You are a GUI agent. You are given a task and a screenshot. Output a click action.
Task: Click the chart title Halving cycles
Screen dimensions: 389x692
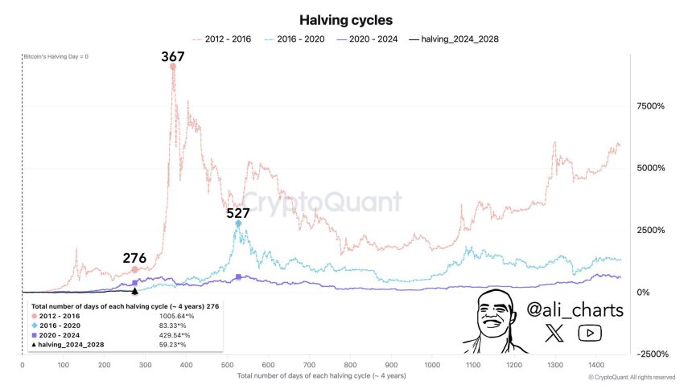coord(346,19)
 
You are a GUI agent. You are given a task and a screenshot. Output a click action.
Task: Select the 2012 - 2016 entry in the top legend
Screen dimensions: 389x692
coord(220,39)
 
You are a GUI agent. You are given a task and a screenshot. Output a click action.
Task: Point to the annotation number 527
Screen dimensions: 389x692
coord(237,213)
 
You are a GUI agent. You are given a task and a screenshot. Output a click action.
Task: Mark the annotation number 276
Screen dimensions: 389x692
coord(134,258)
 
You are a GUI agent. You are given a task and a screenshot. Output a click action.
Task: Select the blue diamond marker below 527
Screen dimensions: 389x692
coord(238,223)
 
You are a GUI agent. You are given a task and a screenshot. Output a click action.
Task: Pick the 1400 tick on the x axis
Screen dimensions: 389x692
coord(596,364)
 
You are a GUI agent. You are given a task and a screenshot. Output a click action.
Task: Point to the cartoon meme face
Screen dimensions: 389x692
coord(493,320)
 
